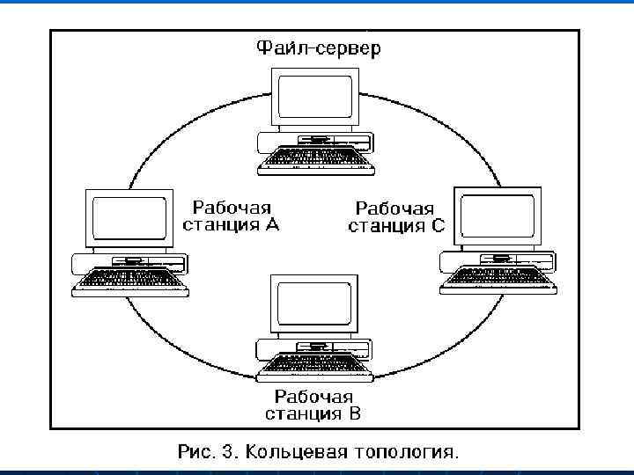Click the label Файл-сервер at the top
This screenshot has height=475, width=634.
click(x=319, y=48)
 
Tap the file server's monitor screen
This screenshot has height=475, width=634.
click(x=316, y=98)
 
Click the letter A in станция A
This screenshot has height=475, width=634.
click(x=271, y=225)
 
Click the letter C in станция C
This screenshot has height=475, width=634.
click(x=439, y=227)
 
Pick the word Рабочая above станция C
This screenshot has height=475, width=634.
click(x=394, y=209)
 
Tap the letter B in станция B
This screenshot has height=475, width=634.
click(x=354, y=413)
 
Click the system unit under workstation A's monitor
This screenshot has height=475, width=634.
click(x=130, y=260)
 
